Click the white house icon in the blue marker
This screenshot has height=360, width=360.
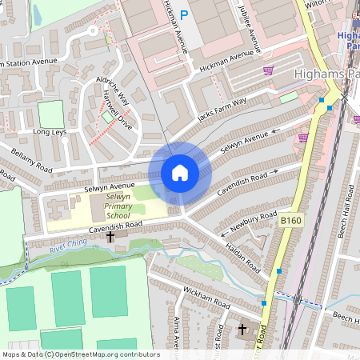pos(180,173)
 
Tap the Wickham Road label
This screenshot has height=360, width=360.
pos(206,299)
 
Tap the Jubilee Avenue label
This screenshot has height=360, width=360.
pos(250,22)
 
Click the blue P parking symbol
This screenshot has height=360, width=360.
pos(184,14)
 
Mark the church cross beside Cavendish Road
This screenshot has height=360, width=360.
pos(110,238)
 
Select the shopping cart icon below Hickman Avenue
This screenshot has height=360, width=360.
pos(268,70)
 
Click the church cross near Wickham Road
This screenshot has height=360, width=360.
pos(242,329)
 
